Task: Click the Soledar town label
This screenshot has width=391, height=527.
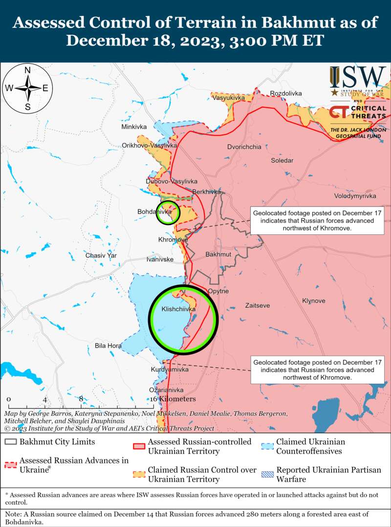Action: pos(282,160)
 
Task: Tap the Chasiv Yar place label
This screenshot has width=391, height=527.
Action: pos(101,255)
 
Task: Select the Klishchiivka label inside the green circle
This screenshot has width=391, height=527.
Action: pos(178,310)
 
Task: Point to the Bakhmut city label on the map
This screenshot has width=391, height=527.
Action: pos(218,255)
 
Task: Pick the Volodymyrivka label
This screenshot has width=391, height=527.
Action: pos(355,196)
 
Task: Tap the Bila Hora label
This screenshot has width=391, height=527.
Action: pos(108,346)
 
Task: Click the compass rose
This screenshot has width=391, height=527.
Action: pos(28,88)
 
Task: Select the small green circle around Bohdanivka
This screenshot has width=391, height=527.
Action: pos(168,212)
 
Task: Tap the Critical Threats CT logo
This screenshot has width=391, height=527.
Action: pos(339,113)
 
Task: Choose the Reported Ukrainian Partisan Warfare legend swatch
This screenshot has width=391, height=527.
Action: pos(267,474)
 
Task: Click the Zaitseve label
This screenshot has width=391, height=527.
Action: pos(258,305)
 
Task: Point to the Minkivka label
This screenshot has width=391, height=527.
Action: pos(134,127)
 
